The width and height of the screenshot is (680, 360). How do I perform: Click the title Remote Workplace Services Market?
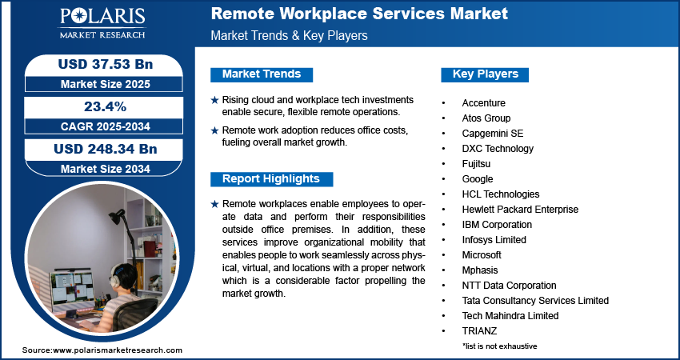[358, 14]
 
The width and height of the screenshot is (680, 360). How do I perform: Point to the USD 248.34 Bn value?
[105, 149]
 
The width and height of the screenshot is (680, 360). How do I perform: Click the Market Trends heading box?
[262, 74]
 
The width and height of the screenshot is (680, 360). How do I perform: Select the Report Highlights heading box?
[270, 178]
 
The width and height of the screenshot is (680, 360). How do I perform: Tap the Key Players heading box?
[485, 74]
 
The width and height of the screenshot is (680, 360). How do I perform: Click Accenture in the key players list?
[483, 103]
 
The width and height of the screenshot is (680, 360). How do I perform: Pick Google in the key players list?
[477, 179]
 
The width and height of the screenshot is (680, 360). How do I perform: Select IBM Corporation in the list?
[496, 225]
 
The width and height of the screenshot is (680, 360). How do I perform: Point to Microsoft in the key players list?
[482, 255]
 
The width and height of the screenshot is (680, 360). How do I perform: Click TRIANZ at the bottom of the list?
[479, 331]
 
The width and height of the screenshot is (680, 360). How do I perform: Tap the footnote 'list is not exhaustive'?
[499, 346]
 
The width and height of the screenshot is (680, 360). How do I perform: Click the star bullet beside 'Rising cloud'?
[214, 100]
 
